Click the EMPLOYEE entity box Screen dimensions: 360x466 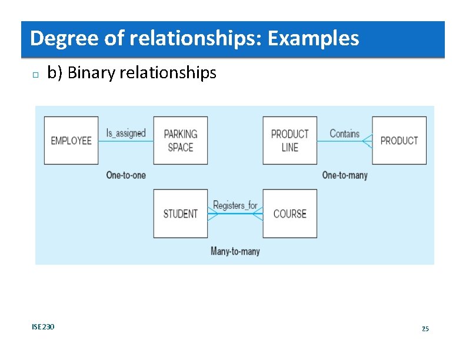pyautogui.click(x=71, y=141)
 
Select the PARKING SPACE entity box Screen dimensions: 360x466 pyautogui.click(x=181, y=141)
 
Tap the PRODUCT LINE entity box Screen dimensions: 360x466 pyautogui.click(x=289, y=141)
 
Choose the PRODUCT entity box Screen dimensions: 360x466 pyautogui.click(x=399, y=141)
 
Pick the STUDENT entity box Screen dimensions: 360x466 pyautogui.click(x=181, y=214)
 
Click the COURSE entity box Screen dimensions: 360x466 pyautogui.click(x=289, y=214)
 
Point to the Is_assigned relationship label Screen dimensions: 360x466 pyautogui.click(x=125, y=133)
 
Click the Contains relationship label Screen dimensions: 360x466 pyautogui.click(x=344, y=134)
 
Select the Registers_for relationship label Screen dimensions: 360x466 pyautogui.click(x=235, y=205)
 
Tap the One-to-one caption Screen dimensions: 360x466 pyautogui.click(x=126, y=175)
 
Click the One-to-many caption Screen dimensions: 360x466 pyautogui.click(x=345, y=175)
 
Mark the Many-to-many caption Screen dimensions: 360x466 pyautogui.click(x=235, y=251)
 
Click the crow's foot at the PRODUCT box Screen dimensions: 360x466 pyautogui.click(x=367, y=141)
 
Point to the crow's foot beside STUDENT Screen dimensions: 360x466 pyautogui.click(x=213, y=214)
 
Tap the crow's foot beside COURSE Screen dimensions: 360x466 pyautogui.click(x=258, y=214)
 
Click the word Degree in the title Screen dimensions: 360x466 pyautogui.click(x=61, y=39)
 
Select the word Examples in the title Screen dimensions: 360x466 pyautogui.click(x=313, y=39)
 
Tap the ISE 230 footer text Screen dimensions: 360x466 pyautogui.click(x=43, y=326)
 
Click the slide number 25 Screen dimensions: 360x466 pyautogui.click(x=425, y=328)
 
